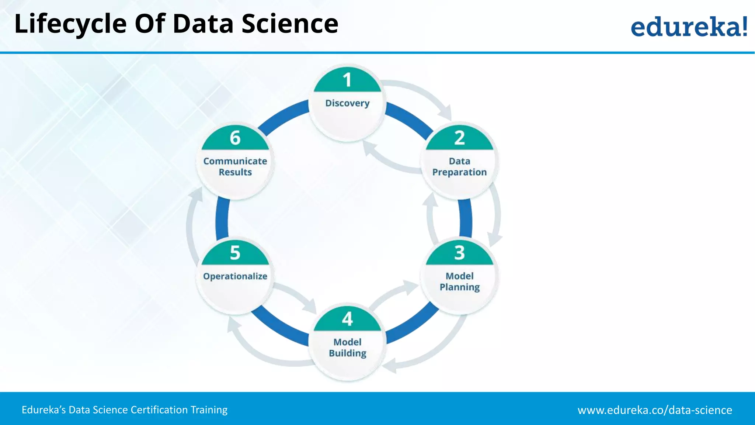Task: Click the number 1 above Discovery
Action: [347, 80]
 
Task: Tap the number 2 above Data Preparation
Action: [459, 138]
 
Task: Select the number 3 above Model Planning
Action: [459, 253]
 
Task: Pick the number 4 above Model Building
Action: [347, 319]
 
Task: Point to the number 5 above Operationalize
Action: [235, 253]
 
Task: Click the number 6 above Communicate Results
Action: [235, 138]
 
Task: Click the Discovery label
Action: [347, 103]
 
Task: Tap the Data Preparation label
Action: [459, 167]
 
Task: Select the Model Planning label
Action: [459, 281]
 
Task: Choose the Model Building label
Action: [347, 348]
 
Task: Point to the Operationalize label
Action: [235, 276]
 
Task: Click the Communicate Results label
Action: [235, 167]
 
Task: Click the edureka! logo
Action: [689, 27]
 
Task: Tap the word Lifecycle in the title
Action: [70, 24]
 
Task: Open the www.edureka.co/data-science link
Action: [655, 410]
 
